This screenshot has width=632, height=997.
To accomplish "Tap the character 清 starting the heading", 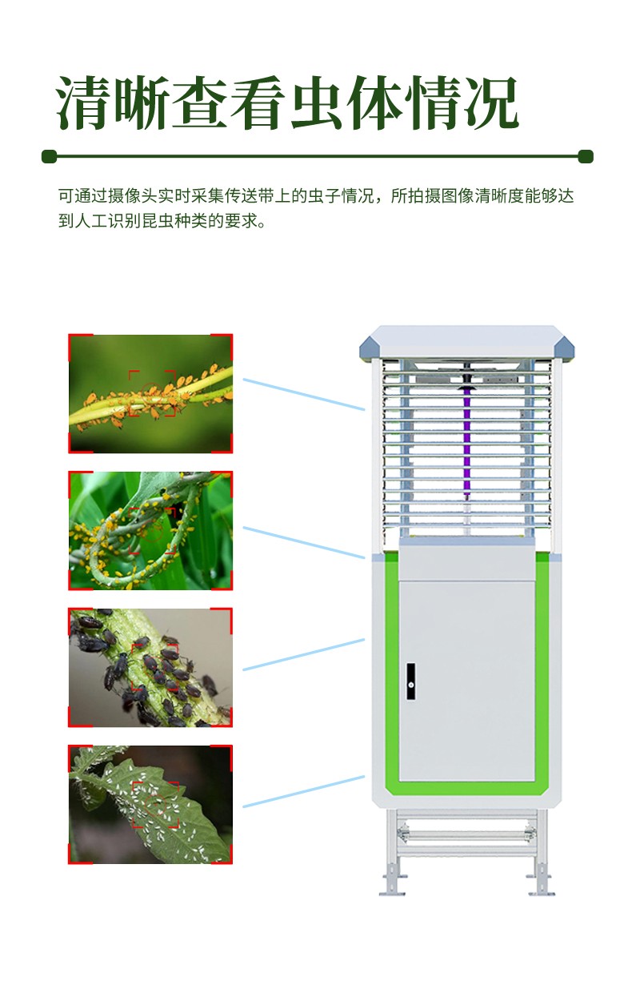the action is point(84,103).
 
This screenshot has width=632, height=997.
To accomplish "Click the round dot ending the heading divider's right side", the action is point(586,157).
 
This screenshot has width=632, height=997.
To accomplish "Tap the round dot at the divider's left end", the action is point(50,157).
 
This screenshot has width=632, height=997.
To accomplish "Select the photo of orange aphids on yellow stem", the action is point(150,394).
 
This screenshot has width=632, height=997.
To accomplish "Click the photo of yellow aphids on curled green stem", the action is point(150,531).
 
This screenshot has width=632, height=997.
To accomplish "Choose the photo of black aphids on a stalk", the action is point(150,667).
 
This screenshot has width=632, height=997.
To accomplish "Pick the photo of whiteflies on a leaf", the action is point(150,804).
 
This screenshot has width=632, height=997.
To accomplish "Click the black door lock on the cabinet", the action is point(411,681).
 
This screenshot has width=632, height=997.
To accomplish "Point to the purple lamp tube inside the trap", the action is point(466,440).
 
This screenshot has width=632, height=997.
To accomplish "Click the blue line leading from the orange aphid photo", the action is point(304,394).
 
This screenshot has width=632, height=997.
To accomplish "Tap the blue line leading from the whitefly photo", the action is point(304,792).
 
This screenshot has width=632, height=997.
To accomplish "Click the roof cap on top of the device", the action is point(466,342).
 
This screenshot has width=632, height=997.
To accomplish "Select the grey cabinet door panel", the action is point(466,681).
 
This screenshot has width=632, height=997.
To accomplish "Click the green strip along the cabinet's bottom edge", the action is point(466,788).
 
